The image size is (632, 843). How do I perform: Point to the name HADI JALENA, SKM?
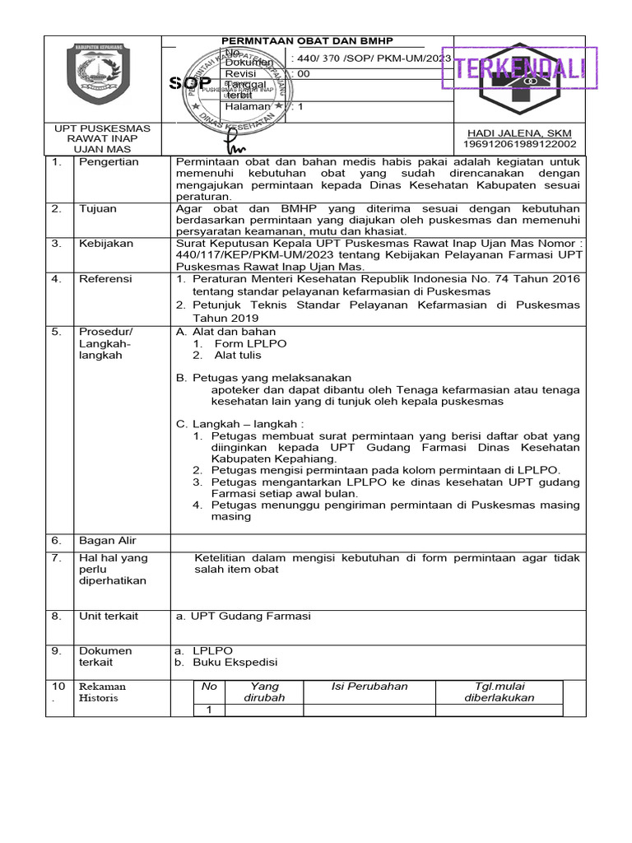(519, 133)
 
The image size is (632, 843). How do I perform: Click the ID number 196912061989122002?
(519, 144)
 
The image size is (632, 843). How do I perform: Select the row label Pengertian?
(109, 162)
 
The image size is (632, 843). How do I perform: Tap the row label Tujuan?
(98, 209)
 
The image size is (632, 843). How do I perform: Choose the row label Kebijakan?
(104, 245)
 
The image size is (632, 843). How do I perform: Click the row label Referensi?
(105, 279)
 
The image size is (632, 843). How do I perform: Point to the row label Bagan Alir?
(108, 541)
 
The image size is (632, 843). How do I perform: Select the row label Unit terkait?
(109, 616)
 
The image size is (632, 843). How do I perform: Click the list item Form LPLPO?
(245, 343)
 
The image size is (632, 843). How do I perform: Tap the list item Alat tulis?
(238, 356)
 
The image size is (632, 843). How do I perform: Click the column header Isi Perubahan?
(369, 687)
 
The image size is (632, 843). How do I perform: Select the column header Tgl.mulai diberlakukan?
(500, 692)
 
